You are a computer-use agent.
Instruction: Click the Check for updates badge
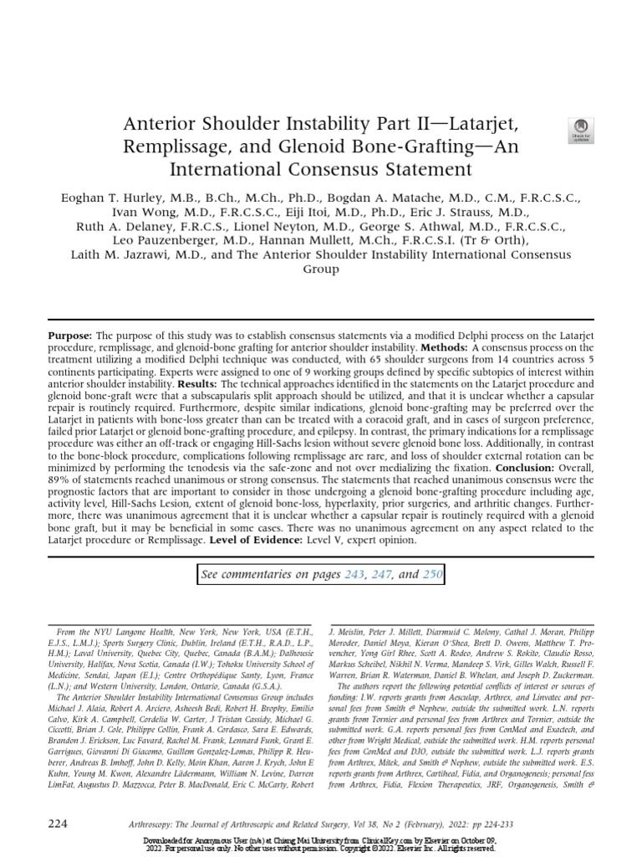(x=579, y=130)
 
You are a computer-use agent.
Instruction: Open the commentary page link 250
(x=431, y=574)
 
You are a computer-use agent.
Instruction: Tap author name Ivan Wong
(x=143, y=212)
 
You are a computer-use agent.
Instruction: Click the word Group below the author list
(x=320, y=269)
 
